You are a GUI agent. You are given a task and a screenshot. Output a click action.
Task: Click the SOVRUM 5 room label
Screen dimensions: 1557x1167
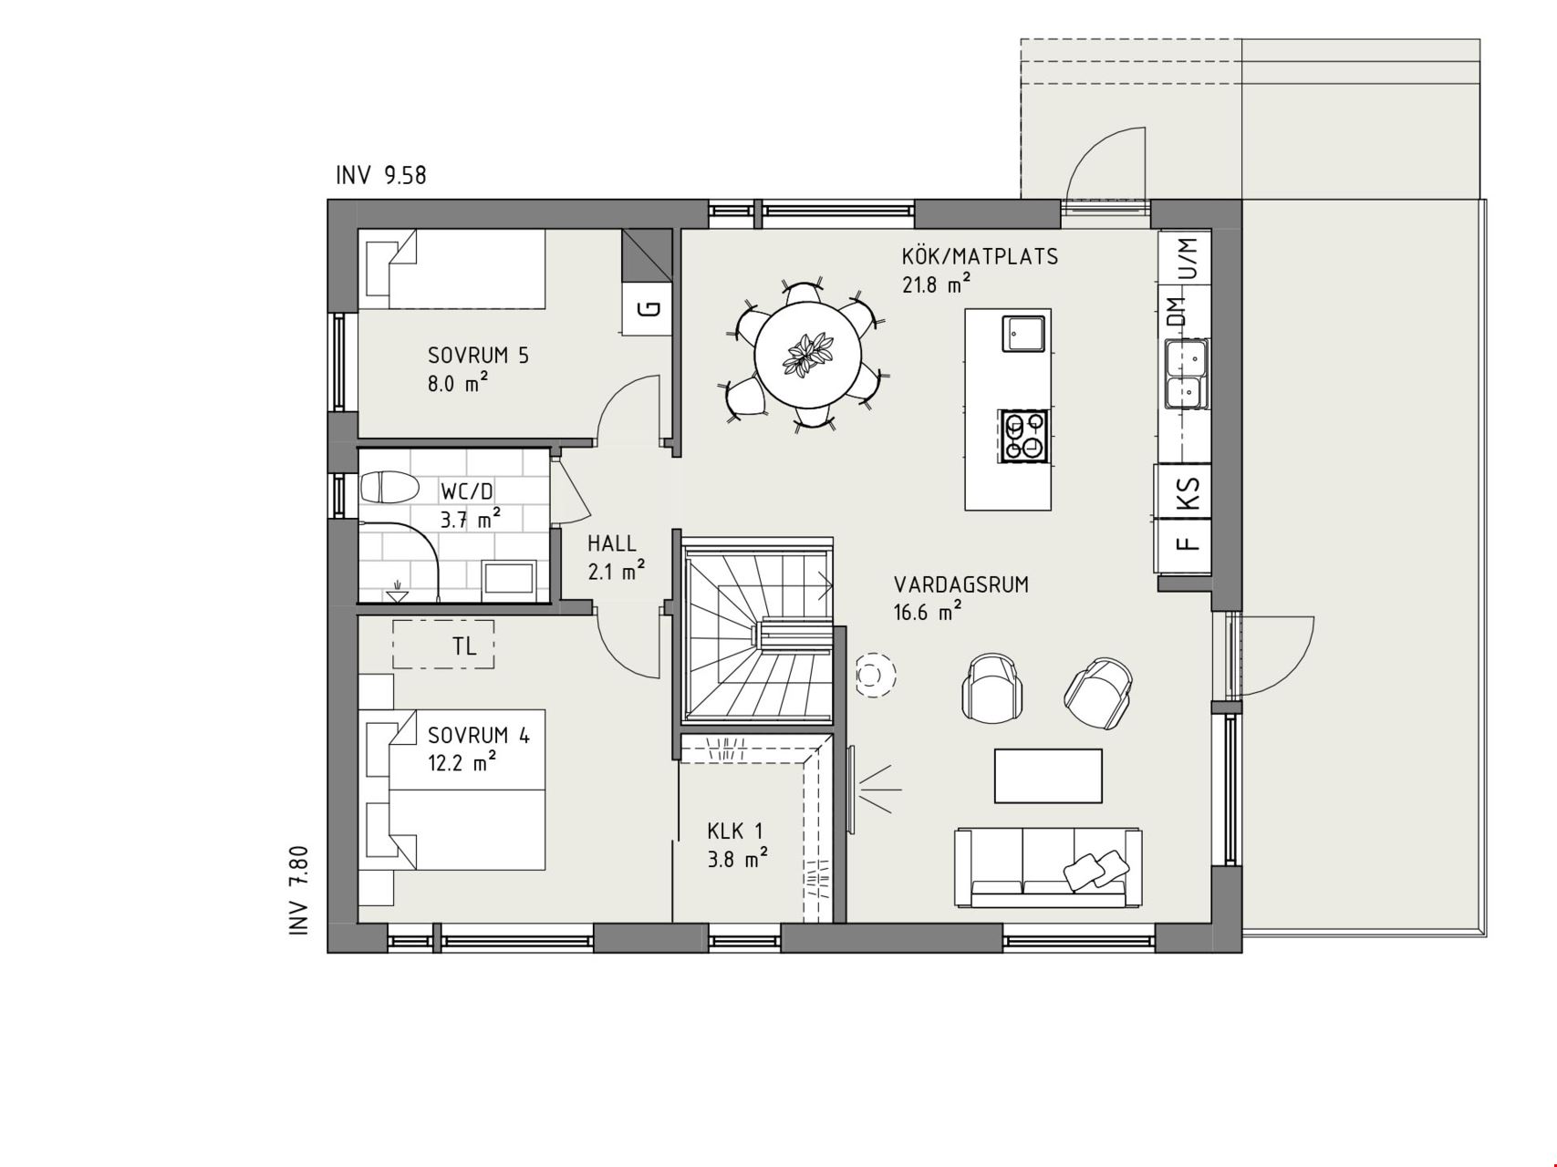478,356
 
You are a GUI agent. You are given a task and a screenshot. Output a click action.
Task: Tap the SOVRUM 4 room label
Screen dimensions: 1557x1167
479,735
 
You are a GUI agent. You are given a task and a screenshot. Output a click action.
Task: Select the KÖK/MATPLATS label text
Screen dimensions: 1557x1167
981,256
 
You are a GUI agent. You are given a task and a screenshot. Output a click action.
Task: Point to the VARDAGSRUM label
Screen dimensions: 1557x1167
961,584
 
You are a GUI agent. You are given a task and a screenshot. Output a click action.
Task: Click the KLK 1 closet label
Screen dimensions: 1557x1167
735,831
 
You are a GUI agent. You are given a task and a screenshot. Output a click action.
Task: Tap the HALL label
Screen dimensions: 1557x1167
612,544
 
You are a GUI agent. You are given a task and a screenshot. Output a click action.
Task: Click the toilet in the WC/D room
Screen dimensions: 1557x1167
389,488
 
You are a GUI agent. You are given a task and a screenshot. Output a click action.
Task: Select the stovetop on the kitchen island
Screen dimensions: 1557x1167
1024,436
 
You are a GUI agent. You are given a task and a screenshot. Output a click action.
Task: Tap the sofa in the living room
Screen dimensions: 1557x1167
1048,867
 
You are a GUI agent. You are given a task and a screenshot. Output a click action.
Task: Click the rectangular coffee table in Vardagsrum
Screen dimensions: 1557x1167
1048,776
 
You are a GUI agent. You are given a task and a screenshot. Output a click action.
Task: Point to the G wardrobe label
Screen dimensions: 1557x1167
649,309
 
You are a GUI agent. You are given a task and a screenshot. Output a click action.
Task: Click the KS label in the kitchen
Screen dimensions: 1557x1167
1188,493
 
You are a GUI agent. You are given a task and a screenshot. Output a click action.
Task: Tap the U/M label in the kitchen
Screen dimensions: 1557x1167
1188,259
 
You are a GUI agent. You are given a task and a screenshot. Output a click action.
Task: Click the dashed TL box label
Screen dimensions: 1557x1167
464,646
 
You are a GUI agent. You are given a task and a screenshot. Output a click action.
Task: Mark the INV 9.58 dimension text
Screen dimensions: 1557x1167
381,175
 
